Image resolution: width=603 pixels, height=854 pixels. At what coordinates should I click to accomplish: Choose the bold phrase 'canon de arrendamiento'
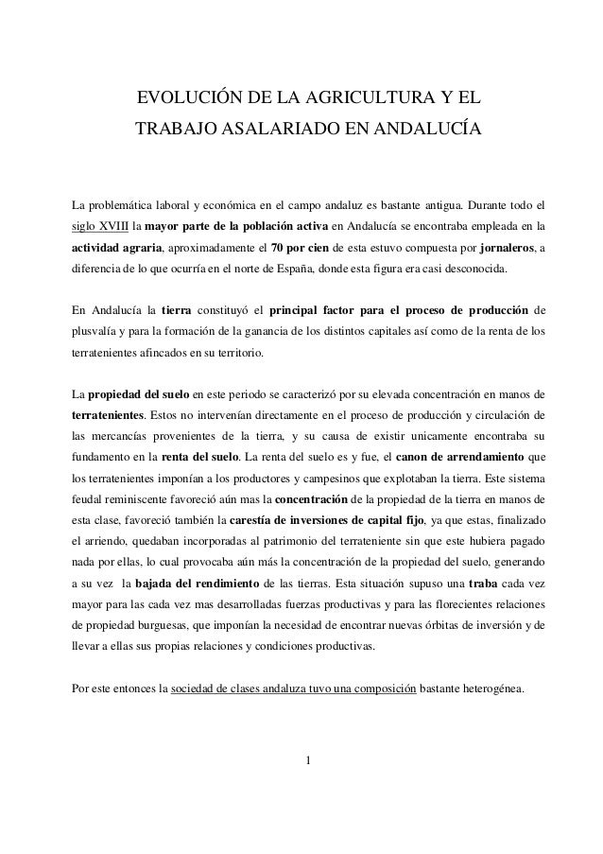coord(467,457)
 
